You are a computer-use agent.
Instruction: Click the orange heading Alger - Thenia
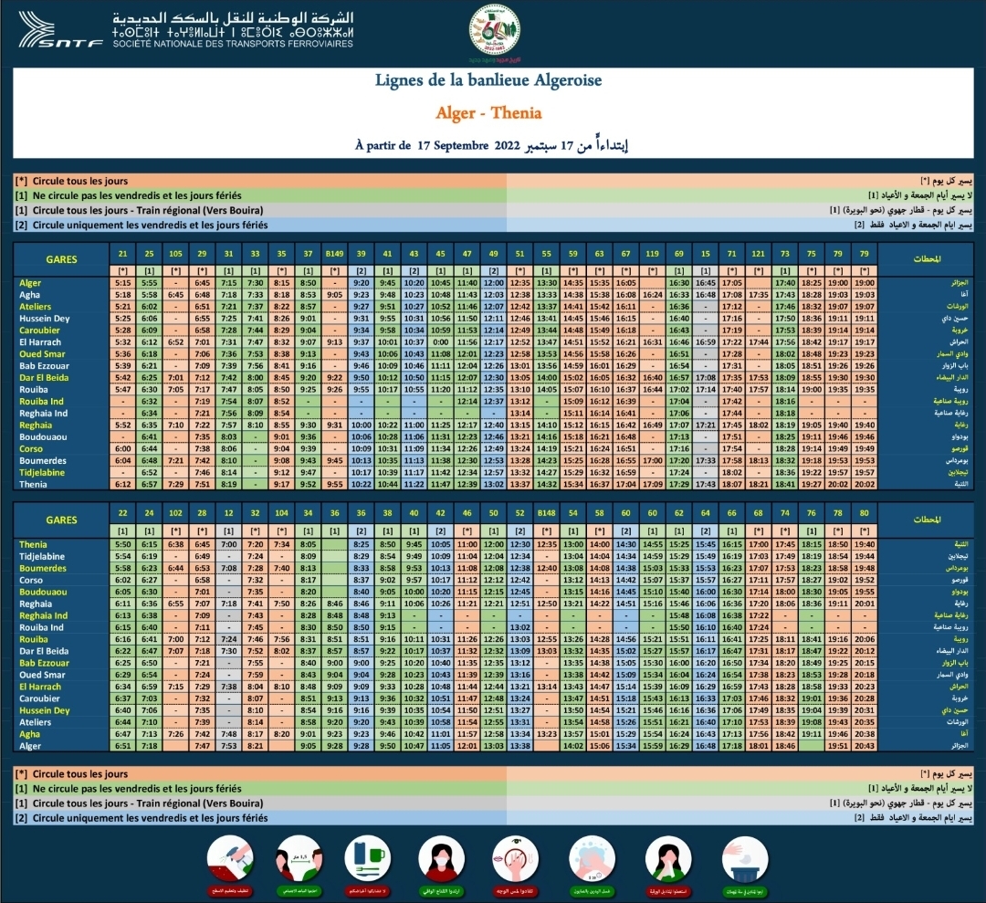(489, 113)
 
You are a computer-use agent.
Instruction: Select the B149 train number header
(334, 253)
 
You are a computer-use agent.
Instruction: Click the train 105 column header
(175, 253)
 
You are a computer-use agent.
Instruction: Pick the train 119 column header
(652, 253)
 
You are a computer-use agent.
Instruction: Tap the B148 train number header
(546, 514)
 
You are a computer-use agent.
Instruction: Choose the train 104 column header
(281, 514)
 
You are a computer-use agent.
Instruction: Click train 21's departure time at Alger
(123, 284)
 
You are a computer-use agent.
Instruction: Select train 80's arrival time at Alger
(864, 746)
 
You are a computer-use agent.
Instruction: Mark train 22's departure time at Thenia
(123, 545)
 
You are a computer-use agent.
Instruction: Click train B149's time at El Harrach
(334, 341)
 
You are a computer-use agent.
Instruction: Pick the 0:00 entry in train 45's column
(440, 341)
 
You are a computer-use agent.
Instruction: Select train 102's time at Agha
(175, 734)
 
